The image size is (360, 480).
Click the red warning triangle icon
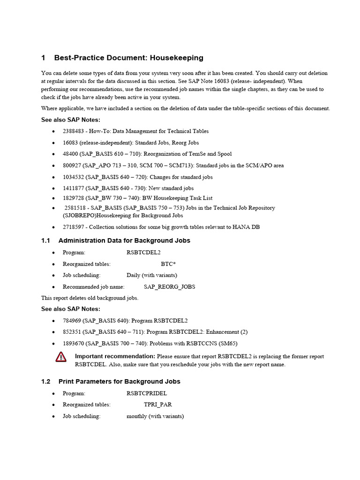click(61, 357)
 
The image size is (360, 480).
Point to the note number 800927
click(72, 165)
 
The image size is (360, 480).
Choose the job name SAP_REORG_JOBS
click(169, 286)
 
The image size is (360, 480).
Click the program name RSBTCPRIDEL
click(147, 393)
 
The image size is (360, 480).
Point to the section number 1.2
click(45, 381)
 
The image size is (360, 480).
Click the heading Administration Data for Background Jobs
click(124, 240)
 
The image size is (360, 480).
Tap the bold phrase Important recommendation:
click(115, 356)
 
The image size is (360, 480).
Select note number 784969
click(72, 321)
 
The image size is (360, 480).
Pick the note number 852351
click(72, 332)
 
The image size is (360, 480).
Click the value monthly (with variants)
click(155, 416)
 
